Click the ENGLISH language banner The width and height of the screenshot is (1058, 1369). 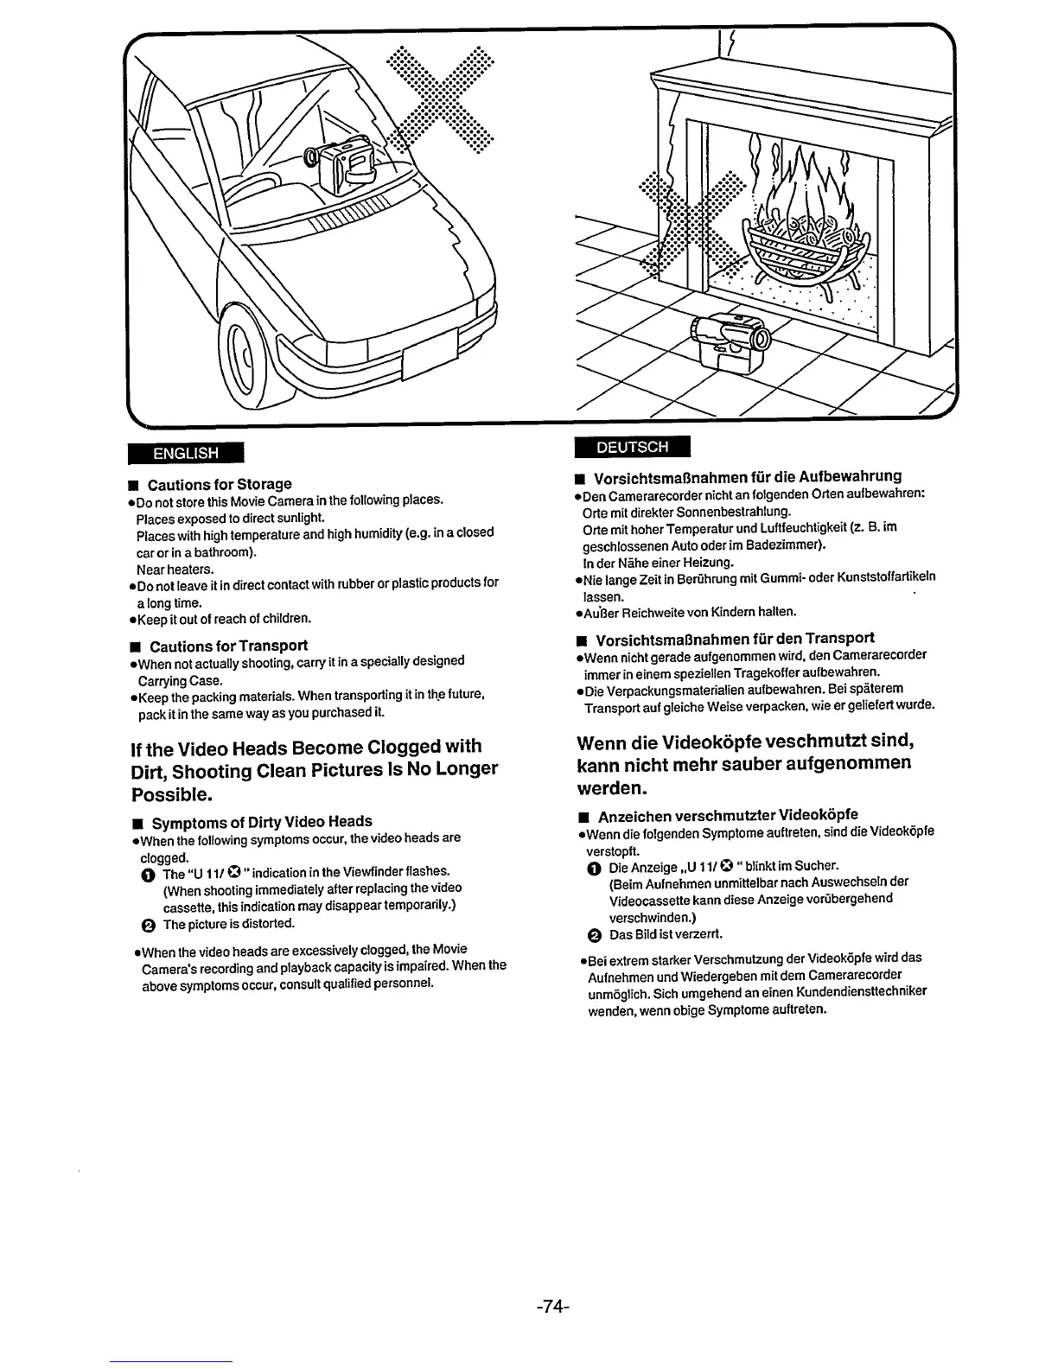(x=186, y=452)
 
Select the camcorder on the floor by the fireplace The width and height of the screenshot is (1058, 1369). (x=729, y=339)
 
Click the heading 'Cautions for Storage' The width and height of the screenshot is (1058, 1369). (x=220, y=484)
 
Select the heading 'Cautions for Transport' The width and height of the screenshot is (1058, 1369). (x=228, y=646)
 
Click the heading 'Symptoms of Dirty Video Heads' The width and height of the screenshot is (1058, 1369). (x=262, y=821)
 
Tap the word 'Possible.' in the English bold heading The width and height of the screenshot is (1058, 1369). (x=169, y=793)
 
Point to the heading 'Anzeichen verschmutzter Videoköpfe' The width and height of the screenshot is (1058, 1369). (x=728, y=815)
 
